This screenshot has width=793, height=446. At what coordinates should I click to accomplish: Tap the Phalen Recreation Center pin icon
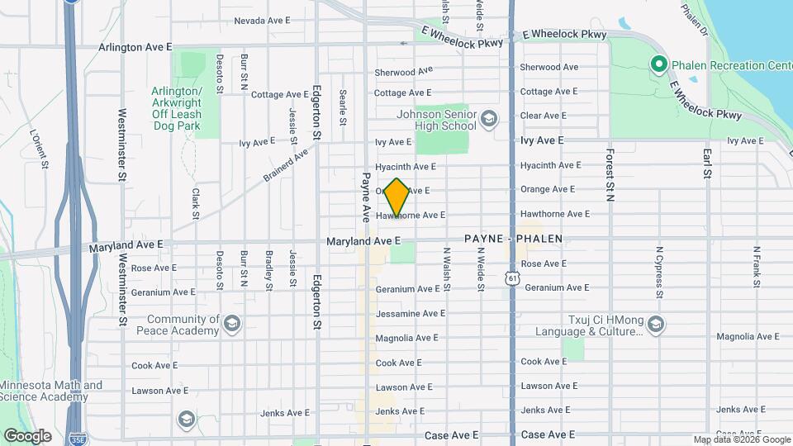coord(658,64)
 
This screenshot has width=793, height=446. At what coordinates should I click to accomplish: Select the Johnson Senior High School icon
coord(489,120)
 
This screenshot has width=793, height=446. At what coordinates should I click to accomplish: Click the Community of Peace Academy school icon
coord(232,325)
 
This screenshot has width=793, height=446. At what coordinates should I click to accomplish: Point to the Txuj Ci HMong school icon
coord(656,325)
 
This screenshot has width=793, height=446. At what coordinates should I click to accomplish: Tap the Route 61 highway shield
coord(513,279)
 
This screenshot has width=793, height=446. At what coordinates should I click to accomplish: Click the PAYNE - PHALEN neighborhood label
coord(513,239)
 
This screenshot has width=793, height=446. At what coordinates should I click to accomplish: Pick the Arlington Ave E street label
coord(135,48)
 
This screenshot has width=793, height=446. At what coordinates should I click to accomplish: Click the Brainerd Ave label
coord(286,164)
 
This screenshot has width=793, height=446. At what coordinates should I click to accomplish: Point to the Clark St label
coord(197,203)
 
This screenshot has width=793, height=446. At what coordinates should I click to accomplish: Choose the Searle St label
coord(342,102)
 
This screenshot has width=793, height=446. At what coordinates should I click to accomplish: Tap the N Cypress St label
coord(659,270)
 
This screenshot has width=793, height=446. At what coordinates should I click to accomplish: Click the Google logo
coord(28,435)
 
